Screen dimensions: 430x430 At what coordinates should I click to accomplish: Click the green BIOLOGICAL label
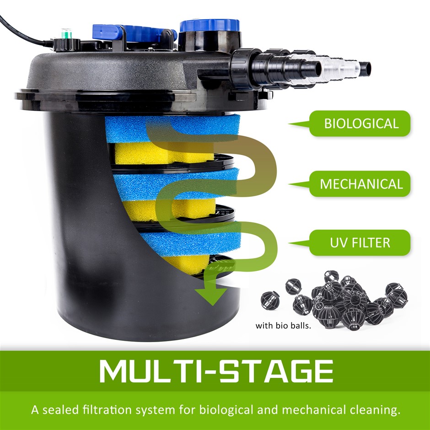click(360, 124)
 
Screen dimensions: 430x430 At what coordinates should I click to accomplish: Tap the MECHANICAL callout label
click(360, 184)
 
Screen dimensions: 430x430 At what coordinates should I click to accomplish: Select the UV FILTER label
click(360, 243)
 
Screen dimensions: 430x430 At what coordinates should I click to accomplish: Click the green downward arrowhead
click(211, 296)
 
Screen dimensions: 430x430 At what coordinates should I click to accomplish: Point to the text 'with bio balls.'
click(283, 326)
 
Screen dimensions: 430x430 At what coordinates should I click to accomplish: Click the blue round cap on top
click(210, 25)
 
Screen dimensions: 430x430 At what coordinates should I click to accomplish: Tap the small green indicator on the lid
click(66, 33)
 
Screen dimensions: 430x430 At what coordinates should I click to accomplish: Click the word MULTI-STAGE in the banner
click(216, 371)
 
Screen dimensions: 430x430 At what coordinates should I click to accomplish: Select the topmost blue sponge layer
click(172, 129)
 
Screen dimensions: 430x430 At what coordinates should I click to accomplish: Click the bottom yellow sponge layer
click(187, 264)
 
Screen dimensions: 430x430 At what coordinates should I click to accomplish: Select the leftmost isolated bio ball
click(270, 300)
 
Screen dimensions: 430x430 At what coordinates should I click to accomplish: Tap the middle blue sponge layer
click(176, 184)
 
